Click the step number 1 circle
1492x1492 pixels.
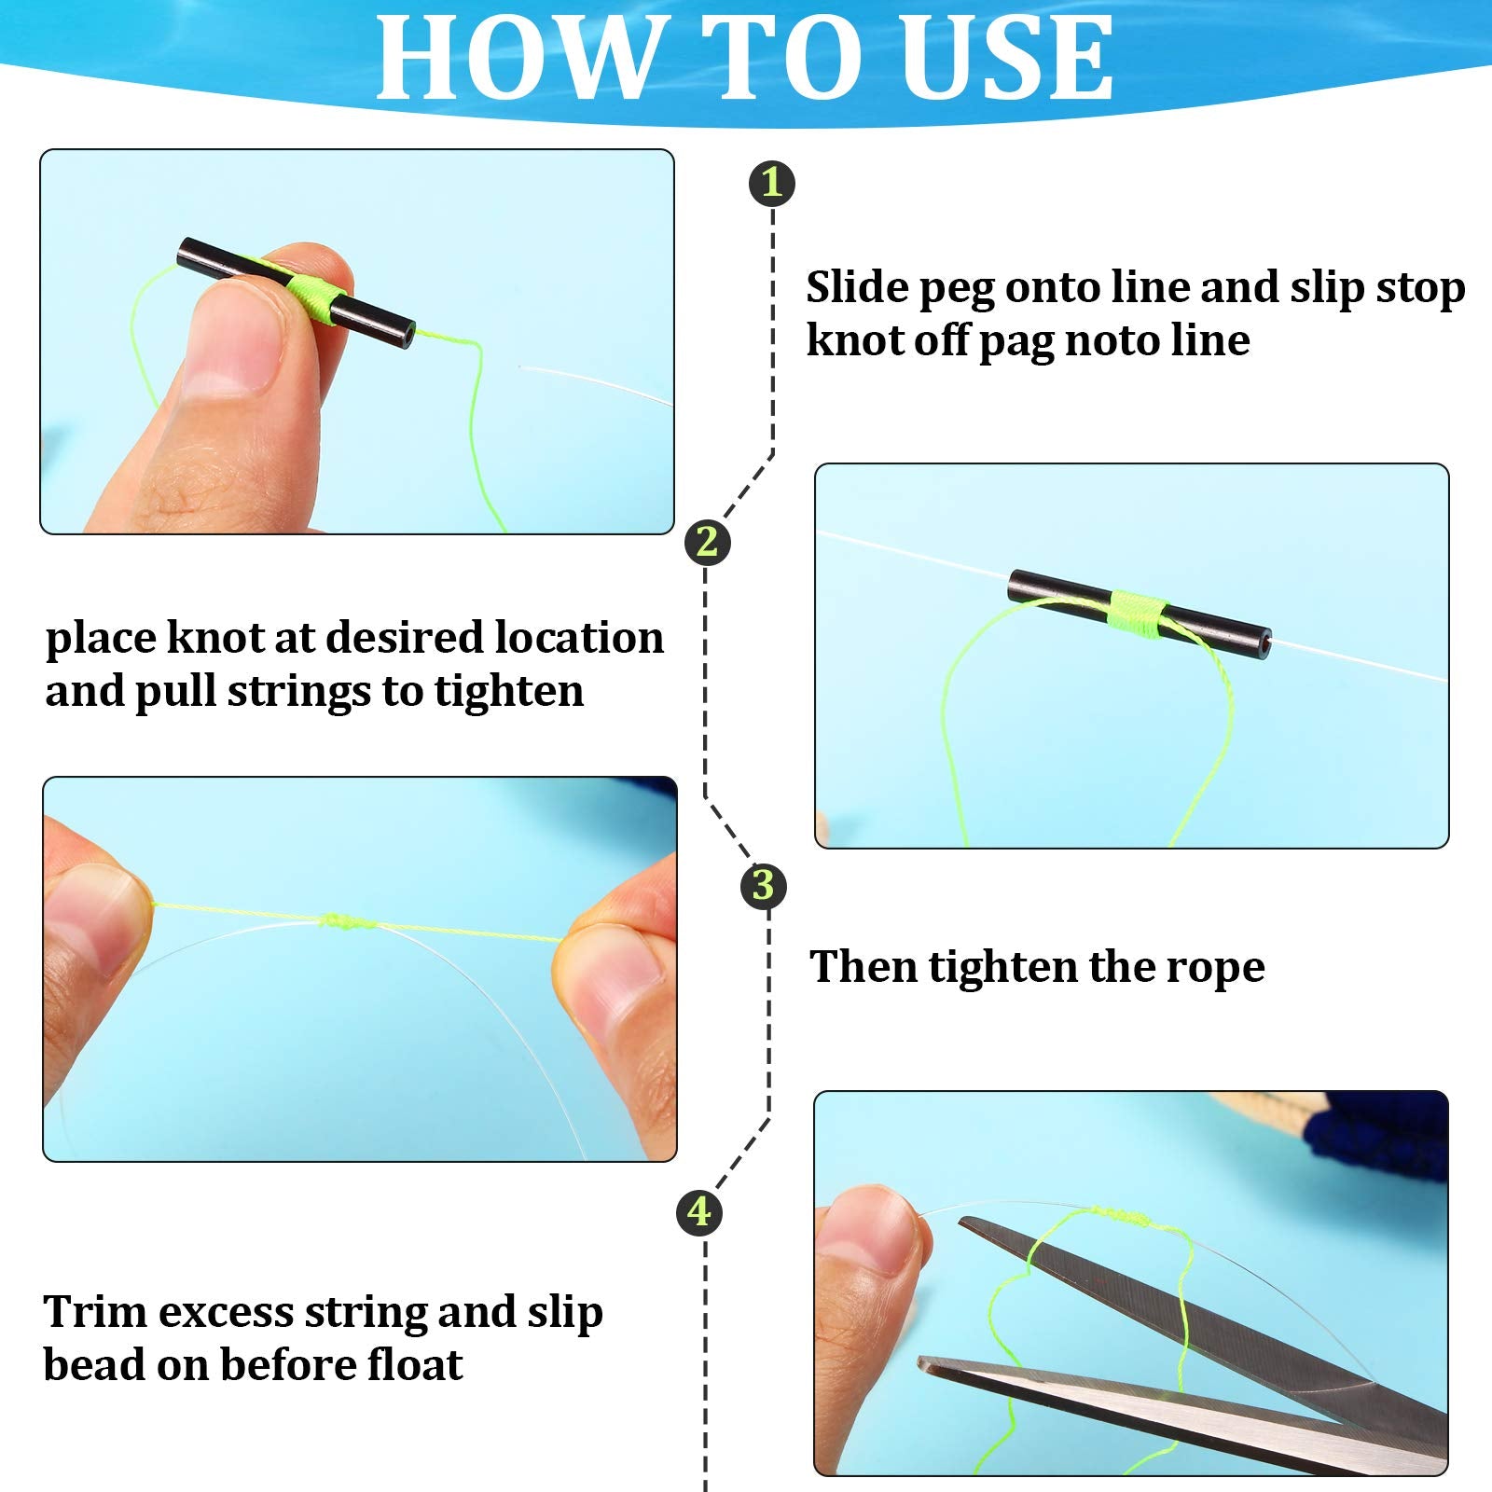[772, 183]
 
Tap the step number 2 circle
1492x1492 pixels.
[707, 542]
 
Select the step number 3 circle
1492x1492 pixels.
[763, 885]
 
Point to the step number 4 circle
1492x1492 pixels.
[699, 1211]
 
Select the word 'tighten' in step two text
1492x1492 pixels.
[509, 691]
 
